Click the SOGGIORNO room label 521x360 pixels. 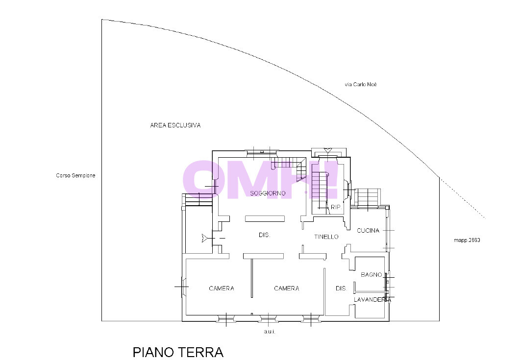[x=268, y=193]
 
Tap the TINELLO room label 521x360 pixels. [x=326, y=237]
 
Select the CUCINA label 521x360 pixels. [x=368, y=231]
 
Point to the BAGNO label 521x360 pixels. [x=371, y=275]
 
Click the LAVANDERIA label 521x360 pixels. [x=372, y=300]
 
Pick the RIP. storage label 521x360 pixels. [x=336, y=207]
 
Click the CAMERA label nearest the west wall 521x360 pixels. [x=222, y=288]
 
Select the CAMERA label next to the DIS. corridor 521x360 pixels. [x=286, y=288]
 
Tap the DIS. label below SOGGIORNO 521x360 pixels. [x=265, y=235]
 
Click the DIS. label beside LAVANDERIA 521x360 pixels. [x=341, y=288]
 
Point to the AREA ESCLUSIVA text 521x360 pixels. [x=175, y=125]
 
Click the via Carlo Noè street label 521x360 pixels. [x=361, y=85]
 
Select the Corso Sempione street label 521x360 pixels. [x=75, y=175]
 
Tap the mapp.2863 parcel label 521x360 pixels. [x=467, y=240]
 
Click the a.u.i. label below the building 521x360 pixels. [x=270, y=332]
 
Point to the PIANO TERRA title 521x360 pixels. [x=178, y=352]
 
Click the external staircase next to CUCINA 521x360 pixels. [x=367, y=197]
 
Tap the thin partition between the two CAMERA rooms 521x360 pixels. [x=252, y=278]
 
